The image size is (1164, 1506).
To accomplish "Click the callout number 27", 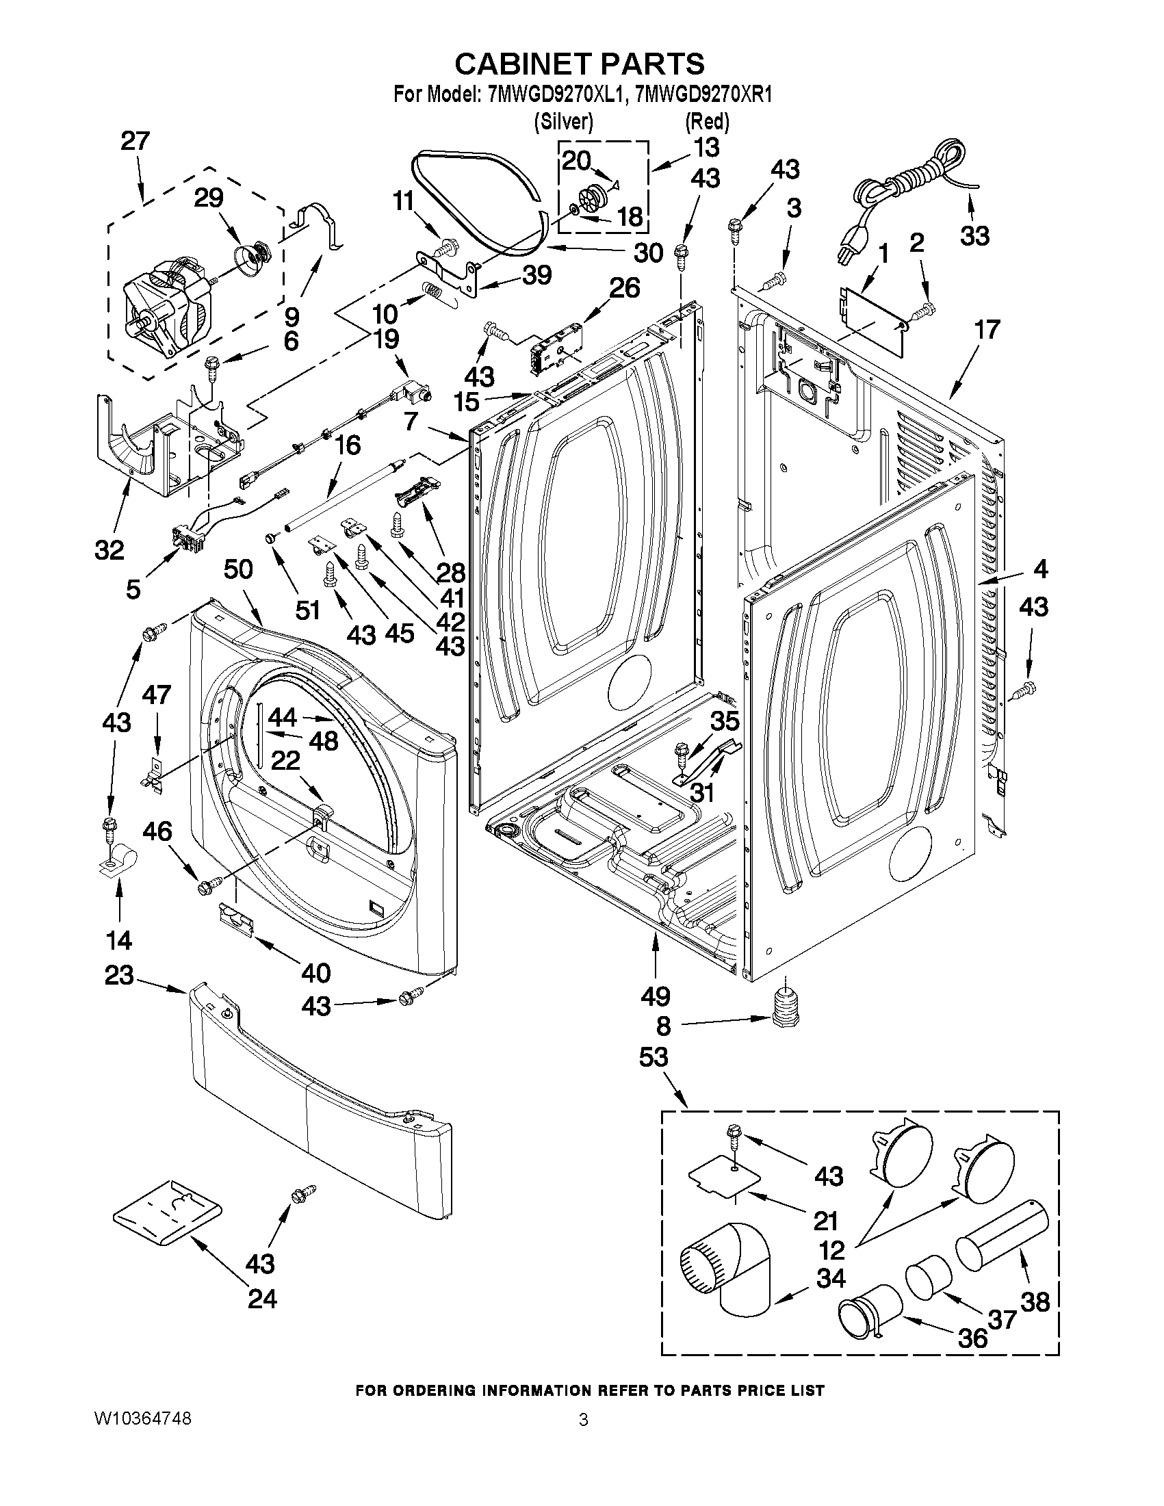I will (135, 142).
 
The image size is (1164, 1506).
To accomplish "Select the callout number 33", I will (974, 236).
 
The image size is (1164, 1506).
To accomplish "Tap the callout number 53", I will (653, 1056).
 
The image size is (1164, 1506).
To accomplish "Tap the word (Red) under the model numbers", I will (707, 122).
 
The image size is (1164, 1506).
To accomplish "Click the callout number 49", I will (654, 996).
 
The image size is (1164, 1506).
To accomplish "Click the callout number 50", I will (239, 569).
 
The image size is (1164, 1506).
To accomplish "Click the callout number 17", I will (987, 330).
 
